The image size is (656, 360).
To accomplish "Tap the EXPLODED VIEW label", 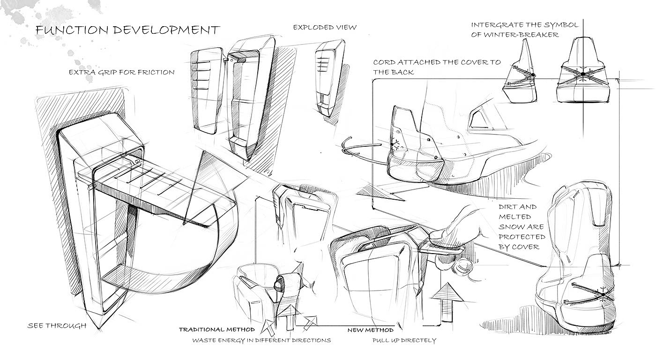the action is tap(324, 27).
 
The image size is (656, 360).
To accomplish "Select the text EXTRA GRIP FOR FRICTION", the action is tap(121, 72).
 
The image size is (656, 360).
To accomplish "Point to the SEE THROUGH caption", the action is tap(57, 325).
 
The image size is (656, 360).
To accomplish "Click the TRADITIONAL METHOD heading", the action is tap(216, 330).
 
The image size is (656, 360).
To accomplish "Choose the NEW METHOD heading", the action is tap(370, 330).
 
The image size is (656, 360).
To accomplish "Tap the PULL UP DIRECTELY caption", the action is tap(404, 340).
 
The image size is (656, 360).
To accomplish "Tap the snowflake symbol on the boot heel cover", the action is tap(396, 144).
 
